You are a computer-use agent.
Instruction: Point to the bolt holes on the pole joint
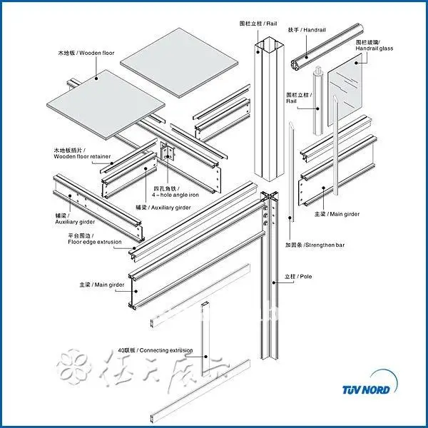point(269,214)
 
